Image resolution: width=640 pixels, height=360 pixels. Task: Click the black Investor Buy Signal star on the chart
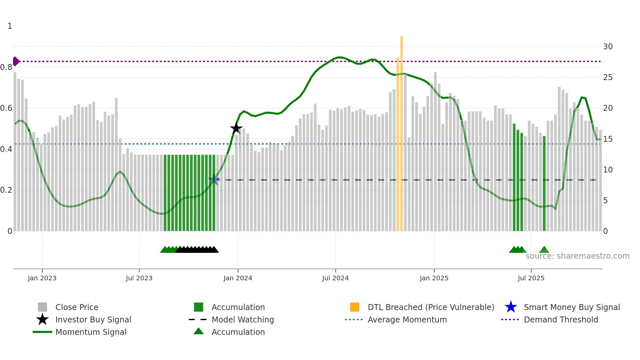[236, 128]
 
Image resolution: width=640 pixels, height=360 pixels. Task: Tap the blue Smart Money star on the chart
[214, 179]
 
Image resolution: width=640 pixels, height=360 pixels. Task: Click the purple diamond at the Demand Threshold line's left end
[16, 61]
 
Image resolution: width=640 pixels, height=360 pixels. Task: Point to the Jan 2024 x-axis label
[238, 278]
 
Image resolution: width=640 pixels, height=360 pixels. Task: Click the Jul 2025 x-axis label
[531, 278]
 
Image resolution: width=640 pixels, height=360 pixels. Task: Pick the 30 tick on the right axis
[608, 47]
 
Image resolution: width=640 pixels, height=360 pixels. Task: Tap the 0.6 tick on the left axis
[6, 108]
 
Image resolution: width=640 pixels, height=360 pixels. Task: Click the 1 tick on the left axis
[10, 26]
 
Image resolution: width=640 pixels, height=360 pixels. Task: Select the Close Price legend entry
[76, 307]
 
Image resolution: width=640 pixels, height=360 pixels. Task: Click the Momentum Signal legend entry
[91, 332]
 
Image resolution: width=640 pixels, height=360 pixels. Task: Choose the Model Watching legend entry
[243, 319]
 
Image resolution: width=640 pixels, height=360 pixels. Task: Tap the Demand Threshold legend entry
[561, 319]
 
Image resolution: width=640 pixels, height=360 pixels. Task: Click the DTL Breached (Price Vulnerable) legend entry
[431, 307]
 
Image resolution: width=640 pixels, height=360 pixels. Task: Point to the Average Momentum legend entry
[407, 319]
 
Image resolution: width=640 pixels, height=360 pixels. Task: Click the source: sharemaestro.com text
[577, 256]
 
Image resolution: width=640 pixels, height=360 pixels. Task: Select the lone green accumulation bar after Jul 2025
[544, 183]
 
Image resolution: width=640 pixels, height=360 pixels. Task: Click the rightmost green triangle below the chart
[544, 250]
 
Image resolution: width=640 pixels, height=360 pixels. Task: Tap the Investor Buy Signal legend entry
[93, 319]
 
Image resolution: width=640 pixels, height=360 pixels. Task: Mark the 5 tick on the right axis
[605, 201]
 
